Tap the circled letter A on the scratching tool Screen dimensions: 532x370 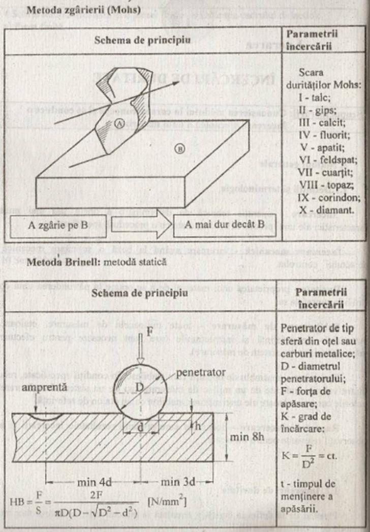118,123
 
